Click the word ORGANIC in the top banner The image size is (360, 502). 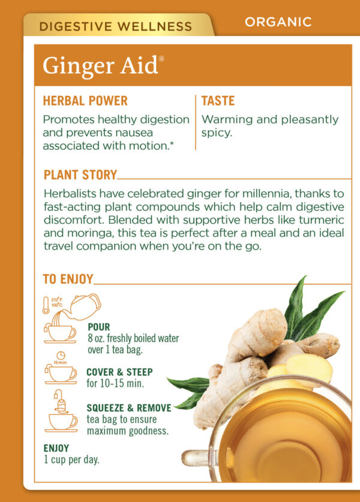point(278,22)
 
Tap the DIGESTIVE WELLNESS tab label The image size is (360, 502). point(115,26)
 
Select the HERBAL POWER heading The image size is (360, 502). point(85,101)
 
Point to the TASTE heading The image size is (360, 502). point(218,101)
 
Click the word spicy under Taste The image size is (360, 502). point(216,133)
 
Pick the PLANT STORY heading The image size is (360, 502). point(80,175)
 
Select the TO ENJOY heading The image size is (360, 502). point(68,279)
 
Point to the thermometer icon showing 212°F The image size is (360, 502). point(46,305)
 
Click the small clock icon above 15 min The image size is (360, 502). point(61,356)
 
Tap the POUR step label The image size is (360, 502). point(99,327)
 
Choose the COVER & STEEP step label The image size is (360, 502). point(119,372)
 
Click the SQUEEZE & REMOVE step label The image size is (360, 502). point(129,408)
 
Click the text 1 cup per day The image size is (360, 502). point(71,460)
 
